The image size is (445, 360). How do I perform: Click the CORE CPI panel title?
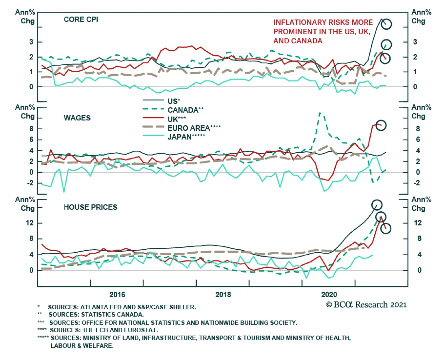click(x=81, y=19)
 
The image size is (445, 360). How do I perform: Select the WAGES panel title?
click(x=77, y=118)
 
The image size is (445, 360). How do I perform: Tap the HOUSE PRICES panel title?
click(x=90, y=207)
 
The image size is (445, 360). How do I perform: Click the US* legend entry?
click(x=174, y=101)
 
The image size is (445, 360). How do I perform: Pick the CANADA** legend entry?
click(x=185, y=110)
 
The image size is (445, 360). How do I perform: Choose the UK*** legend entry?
click(x=177, y=119)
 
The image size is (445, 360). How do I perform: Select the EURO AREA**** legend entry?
click(x=194, y=128)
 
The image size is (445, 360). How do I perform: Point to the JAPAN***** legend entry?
click(x=186, y=137)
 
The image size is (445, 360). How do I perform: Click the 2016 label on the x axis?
click(x=117, y=294)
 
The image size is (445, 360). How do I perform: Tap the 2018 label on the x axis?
click(x=223, y=294)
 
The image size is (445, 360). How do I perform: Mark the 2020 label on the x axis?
click(x=329, y=294)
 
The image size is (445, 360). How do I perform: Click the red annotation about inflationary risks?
click(x=323, y=31)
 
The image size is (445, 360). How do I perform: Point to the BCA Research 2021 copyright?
click(x=366, y=305)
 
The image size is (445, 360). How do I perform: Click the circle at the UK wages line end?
click(x=381, y=125)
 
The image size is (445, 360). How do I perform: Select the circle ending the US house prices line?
click(x=377, y=205)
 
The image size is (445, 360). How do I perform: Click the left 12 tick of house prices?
click(x=29, y=223)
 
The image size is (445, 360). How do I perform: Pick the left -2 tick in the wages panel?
click(x=30, y=183)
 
